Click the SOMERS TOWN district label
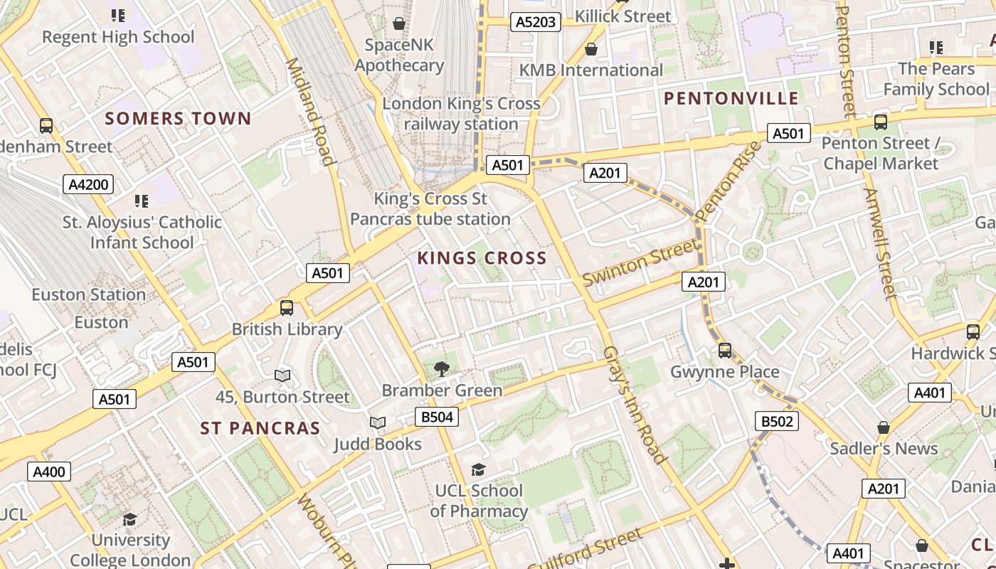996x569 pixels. (178, 118)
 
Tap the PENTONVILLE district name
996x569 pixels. (731, 98)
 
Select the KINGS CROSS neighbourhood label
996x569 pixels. (482, 257)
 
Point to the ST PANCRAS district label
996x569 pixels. (260, 427)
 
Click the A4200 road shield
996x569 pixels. (88, 185)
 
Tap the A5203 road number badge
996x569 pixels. (536, 22)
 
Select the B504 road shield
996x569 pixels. (437, 417)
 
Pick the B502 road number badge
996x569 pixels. (777, 421)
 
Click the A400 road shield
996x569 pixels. (49, 471)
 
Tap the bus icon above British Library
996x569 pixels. (287, 308)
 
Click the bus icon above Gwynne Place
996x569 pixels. (725, 350)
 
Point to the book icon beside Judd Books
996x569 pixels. (378, 422)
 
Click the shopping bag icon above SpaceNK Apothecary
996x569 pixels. (399, 23)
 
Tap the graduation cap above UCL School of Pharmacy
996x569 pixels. (478, 469)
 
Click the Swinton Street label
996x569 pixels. (640, 262)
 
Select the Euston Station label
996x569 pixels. (88, 294)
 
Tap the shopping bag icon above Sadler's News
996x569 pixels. (883, 427)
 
